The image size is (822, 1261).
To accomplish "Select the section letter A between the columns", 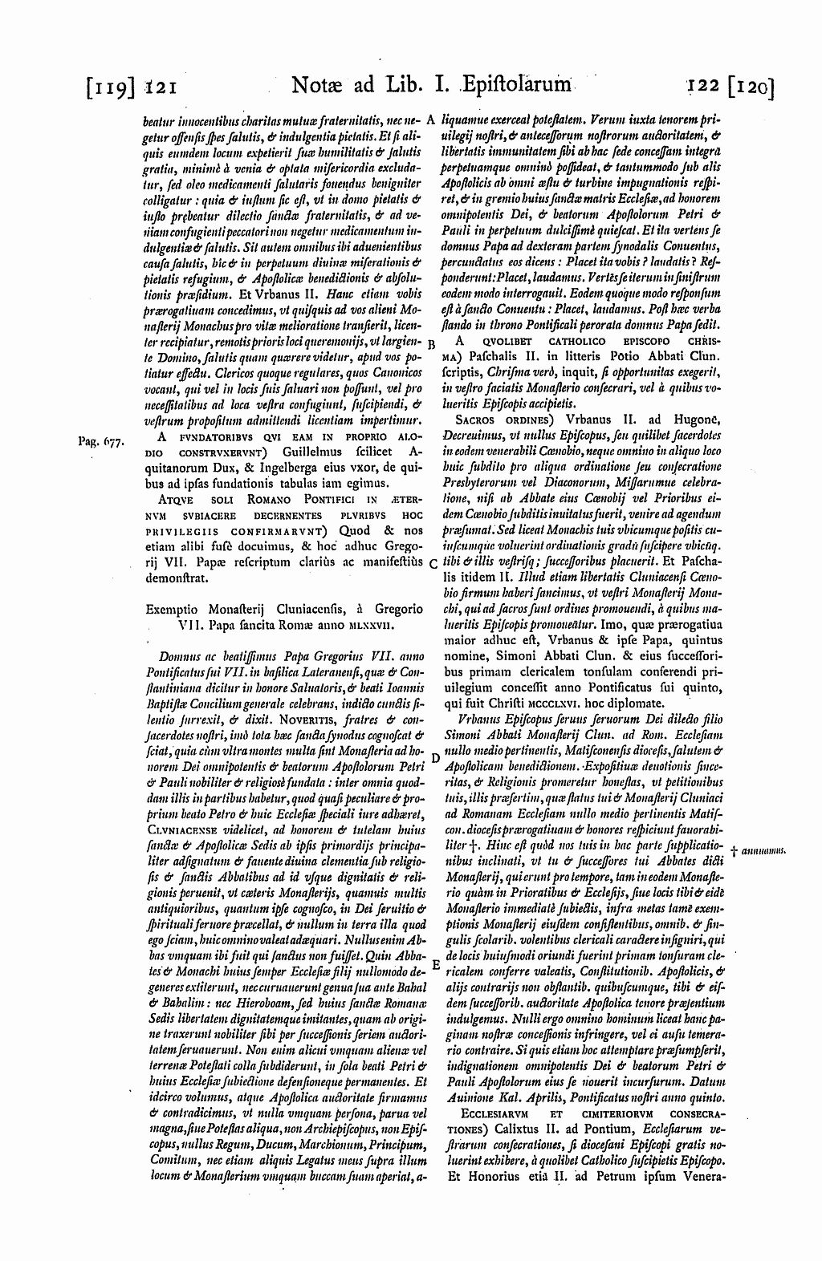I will point(430,119).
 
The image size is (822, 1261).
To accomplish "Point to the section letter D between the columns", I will point(433,756).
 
